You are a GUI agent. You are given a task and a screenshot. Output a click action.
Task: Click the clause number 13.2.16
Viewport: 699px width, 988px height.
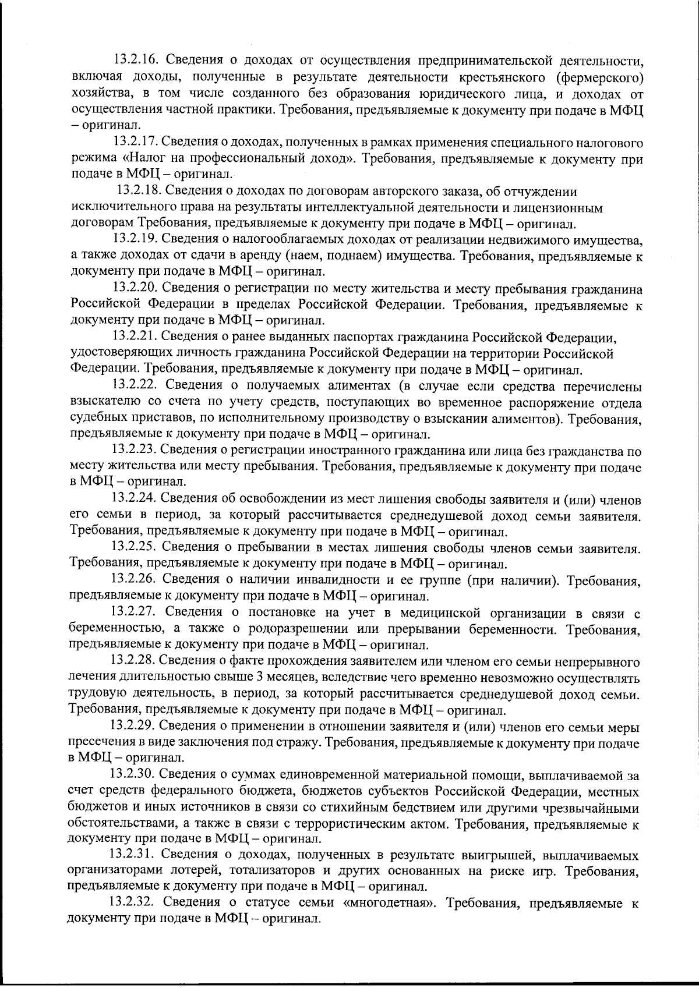point(135,61)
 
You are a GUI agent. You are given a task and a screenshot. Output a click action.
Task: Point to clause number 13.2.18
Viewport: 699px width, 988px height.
point(139,191)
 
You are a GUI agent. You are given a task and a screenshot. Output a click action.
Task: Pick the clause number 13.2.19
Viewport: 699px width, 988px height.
point(135,239)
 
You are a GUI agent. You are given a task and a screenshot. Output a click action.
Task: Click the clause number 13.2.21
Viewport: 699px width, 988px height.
point(135,337)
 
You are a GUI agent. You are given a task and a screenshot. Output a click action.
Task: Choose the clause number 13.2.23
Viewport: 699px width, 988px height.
point(135,449)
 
